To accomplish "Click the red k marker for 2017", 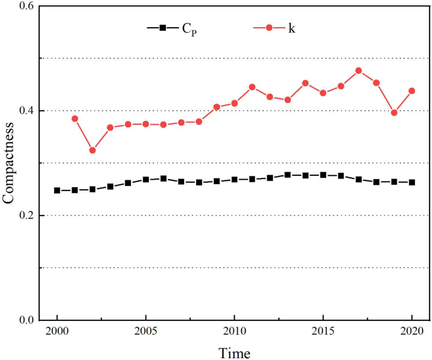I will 358,71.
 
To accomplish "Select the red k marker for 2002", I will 93,150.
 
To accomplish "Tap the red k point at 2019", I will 394,113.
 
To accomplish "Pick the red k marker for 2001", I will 75,119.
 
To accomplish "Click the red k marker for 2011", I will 252,87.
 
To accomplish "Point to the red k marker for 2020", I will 412,91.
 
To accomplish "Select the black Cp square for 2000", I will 57,190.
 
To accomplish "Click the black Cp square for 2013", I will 288,175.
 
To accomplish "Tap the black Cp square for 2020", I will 412,182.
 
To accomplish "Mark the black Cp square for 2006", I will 163,178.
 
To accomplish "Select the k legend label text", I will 291,28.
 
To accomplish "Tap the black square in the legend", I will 163,28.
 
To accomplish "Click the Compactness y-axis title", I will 8,163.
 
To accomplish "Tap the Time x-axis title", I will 234,352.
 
